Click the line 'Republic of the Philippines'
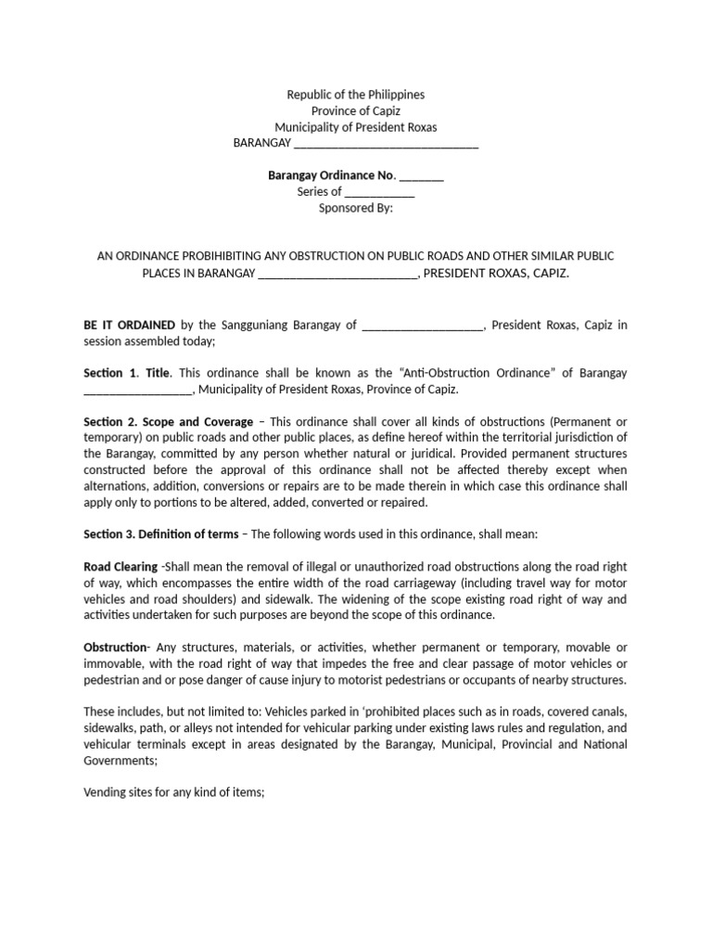pos(356,95)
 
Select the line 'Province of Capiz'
pos(356,111)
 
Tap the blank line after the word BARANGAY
pos(386,144)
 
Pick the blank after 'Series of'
pos(380,192)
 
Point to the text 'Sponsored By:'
pos(356,208)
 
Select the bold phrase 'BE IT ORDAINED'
pos(130,325)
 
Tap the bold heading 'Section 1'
pos(110,373)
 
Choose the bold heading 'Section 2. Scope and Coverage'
pos(168,421)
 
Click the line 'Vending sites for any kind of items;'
pos(174,792)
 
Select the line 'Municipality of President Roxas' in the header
pos(356,127)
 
